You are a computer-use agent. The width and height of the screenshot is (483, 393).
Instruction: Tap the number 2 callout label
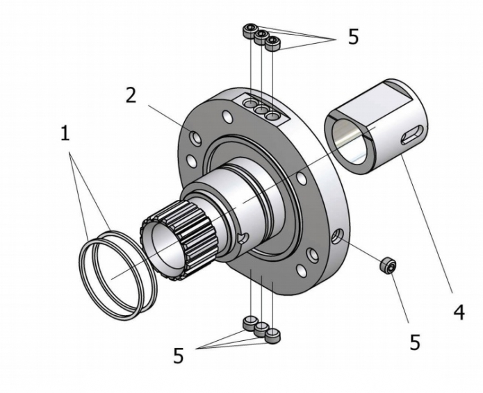coord(130,95)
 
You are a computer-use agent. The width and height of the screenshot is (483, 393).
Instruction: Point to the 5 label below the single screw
coord(414,342)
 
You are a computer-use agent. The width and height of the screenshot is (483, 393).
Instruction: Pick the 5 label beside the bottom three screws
coord(179,356)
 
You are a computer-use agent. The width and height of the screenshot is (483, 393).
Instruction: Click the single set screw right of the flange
coord(388,264)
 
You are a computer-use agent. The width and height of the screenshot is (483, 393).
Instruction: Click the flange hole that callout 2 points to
coord(197,140)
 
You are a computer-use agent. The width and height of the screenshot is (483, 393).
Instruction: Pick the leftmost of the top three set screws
coord(249,30)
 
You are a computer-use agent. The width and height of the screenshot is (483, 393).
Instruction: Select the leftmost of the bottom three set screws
coord(249,321)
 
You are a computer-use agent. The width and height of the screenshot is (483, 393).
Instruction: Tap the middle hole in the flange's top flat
coord(261,110)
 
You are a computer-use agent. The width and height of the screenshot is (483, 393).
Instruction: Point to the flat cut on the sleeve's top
coord(388,91)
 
